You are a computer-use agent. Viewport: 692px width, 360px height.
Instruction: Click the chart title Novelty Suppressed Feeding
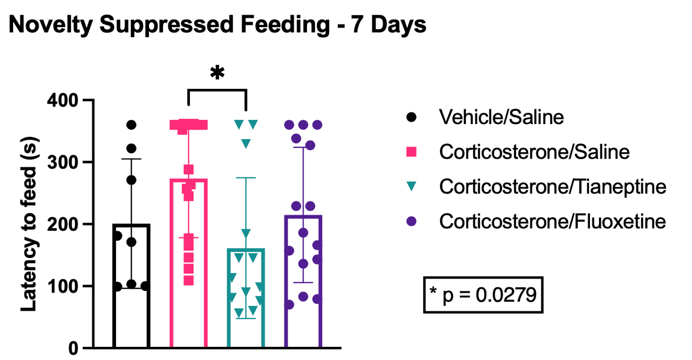point(217,25)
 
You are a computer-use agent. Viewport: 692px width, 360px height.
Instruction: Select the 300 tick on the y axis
point(61,162)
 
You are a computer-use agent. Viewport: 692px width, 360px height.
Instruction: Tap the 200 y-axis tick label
point(61,224)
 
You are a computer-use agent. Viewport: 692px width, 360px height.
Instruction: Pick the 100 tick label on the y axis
point(61,286)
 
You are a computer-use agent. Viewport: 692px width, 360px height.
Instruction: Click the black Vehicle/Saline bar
point(131,314)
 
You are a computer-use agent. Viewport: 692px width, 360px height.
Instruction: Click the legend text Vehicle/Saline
point(502,117)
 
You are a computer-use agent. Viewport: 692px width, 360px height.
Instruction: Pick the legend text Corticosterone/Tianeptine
point(553,187)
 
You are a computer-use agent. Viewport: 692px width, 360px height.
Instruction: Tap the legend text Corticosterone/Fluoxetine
point(553,222)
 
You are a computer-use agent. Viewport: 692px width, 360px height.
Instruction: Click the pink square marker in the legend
point(412,152)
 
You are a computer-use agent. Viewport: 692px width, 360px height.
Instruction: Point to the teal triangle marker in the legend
point(412,187)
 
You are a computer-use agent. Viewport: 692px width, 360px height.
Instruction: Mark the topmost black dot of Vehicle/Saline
point(131,125)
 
